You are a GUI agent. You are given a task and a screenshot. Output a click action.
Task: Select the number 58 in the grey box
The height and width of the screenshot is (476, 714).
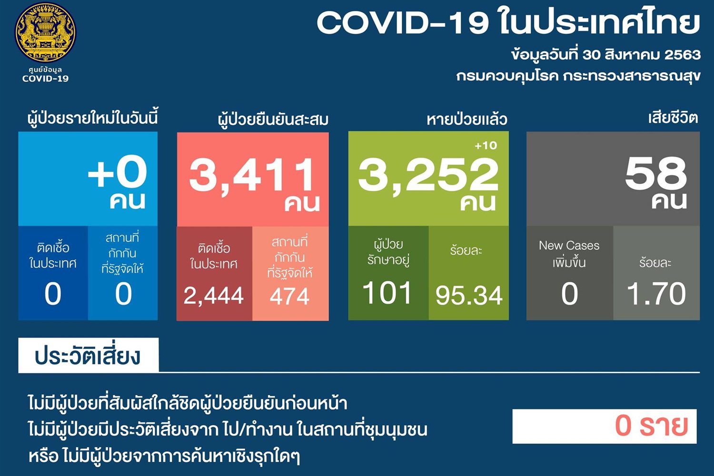click(656, 173)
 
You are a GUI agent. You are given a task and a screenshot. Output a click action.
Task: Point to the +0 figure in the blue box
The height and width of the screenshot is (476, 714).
click(117, 172)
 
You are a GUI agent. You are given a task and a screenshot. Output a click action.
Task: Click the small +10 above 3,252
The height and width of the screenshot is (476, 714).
click(486, 146)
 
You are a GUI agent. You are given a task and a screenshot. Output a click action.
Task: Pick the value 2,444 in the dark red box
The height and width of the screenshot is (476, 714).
click(214, 296)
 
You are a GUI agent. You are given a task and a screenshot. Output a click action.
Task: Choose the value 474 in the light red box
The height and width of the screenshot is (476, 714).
click(289, 296)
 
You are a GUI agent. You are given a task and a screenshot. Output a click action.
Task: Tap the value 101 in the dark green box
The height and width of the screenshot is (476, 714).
click(387, 293)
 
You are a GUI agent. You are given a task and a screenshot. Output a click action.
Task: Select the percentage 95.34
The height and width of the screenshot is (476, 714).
click(469, 296)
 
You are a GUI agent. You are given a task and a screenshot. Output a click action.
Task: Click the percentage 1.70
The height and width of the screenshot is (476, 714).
click(656, 294)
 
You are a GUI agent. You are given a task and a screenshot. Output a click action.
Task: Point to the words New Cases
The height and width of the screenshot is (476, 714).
click(569, 246)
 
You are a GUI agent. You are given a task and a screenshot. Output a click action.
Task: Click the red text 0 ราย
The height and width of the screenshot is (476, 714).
click(651, 426)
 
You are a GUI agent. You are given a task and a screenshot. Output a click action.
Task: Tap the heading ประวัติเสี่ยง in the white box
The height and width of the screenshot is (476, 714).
click(87, 356)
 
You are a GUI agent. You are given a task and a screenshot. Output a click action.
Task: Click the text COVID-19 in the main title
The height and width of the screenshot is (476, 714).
click(403, 22)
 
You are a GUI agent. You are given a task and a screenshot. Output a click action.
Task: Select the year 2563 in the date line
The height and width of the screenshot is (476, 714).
click(682, 55)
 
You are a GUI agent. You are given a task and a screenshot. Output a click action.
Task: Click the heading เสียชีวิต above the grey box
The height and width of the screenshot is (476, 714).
click(673, 118)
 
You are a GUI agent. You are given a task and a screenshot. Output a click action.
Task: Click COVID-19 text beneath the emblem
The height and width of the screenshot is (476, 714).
click(45, 79)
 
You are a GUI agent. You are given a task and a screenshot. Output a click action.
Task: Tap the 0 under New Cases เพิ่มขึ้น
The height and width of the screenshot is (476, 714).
click(569, 294)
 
